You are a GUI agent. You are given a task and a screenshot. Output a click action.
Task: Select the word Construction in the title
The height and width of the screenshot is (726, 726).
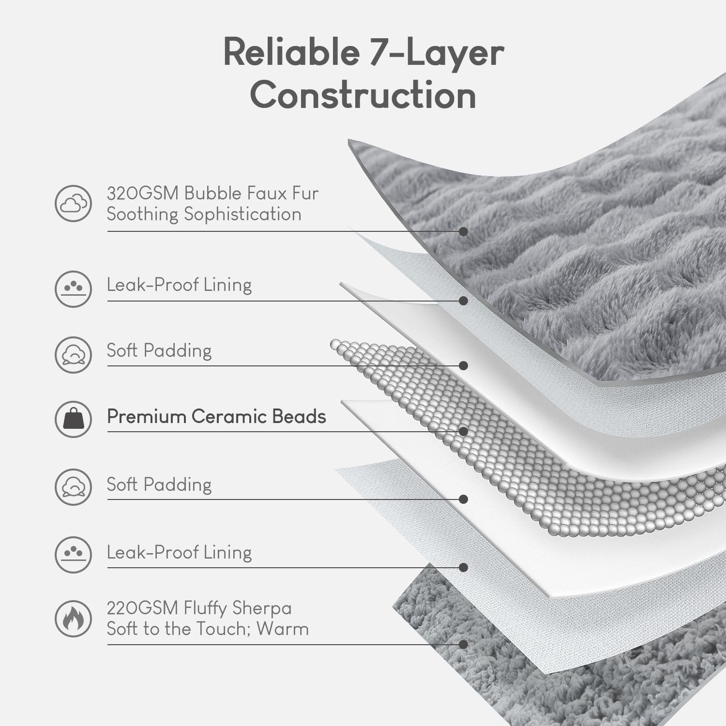click(x=363, y=95)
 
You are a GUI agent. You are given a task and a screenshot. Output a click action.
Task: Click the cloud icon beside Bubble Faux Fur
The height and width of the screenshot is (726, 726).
click(x=73, y=203)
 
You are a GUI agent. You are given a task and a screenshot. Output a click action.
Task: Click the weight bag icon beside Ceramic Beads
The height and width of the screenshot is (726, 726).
click(x=73, y=419)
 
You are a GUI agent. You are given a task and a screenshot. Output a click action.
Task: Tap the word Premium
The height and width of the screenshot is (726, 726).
click(x=146, y=417)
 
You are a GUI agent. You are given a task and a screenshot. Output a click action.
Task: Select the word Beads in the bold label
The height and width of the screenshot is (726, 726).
click(x=299, y=417)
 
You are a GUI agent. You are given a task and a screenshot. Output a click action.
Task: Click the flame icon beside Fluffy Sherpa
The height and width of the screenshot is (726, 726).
click(x=73, y=619)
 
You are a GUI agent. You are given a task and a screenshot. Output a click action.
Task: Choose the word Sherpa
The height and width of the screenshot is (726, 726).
click(x=262, y=608)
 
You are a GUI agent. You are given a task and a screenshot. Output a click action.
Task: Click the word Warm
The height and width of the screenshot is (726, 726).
click(x=283, y=629)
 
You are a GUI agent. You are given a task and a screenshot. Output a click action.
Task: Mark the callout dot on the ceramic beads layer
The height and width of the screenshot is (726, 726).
click(x=463, y=431)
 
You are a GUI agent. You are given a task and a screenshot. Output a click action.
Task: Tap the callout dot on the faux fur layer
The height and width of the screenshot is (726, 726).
click(x=463, y=231)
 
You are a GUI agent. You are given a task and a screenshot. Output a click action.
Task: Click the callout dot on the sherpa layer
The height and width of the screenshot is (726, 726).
click(x=463, y=644)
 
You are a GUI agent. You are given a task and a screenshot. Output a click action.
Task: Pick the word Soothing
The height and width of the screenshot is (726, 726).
click(x=143, y=214)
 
